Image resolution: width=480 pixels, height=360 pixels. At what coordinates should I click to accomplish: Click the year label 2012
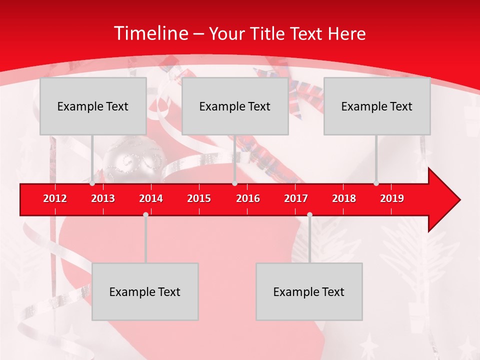55,198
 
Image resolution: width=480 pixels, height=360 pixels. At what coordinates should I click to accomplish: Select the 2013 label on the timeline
103,198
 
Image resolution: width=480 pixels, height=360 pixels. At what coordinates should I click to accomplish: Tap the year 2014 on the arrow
151,198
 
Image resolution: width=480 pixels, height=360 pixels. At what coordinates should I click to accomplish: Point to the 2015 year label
199,198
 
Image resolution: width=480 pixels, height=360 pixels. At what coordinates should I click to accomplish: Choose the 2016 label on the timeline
248,198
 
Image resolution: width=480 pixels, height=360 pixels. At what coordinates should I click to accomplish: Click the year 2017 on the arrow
296,198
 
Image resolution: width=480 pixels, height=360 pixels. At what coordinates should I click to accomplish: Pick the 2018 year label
344,198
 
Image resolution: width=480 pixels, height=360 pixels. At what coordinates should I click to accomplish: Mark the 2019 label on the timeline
392,198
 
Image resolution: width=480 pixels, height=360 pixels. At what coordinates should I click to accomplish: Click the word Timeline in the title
150,33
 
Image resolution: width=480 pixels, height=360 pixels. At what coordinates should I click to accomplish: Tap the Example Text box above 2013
93,106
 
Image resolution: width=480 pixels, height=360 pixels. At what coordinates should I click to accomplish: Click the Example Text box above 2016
235,106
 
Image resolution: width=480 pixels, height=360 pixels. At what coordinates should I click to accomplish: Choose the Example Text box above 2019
377,106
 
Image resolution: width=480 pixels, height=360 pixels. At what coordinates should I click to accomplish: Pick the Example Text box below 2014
145,291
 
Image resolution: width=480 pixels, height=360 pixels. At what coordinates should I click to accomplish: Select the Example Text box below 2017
309,291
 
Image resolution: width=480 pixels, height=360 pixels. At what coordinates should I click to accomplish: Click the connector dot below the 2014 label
145,214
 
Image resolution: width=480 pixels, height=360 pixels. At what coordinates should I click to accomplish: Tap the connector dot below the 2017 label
309,214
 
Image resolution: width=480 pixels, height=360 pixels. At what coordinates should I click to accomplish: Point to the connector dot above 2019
376,183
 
